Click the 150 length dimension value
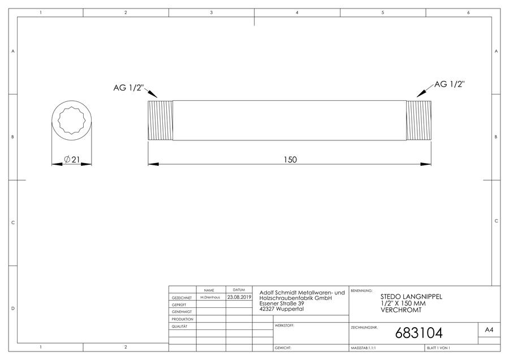pyautogui.click(x=290, y=160)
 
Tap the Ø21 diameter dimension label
pyautogui.click(x=72, y=160)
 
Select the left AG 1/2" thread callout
pyautogui.click(x=128, y=87)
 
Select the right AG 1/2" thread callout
pyautogui.click(x=449, y=84)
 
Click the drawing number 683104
pyautogui.click(x=419, y=333)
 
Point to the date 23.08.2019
pyautogui.click(x=239, y=297)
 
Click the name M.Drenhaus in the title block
pyautogui.click(x=210, y=297)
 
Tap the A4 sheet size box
pyautogui.click(x=489, y=330)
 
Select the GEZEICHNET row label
pyautogui.click(x=182, y=298)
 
